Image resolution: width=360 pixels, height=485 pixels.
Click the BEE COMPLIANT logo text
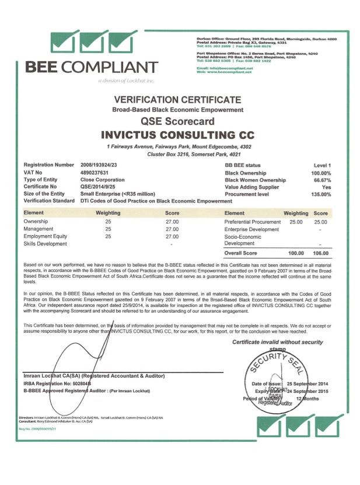tap(91, 67)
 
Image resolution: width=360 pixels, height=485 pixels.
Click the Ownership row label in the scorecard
tap(36, 222)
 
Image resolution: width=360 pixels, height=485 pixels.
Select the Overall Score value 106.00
tap(320, 253)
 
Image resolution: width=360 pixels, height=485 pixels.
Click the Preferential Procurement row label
tap(253, 222)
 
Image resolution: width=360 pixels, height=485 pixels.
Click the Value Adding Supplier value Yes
tap(326, 187)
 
